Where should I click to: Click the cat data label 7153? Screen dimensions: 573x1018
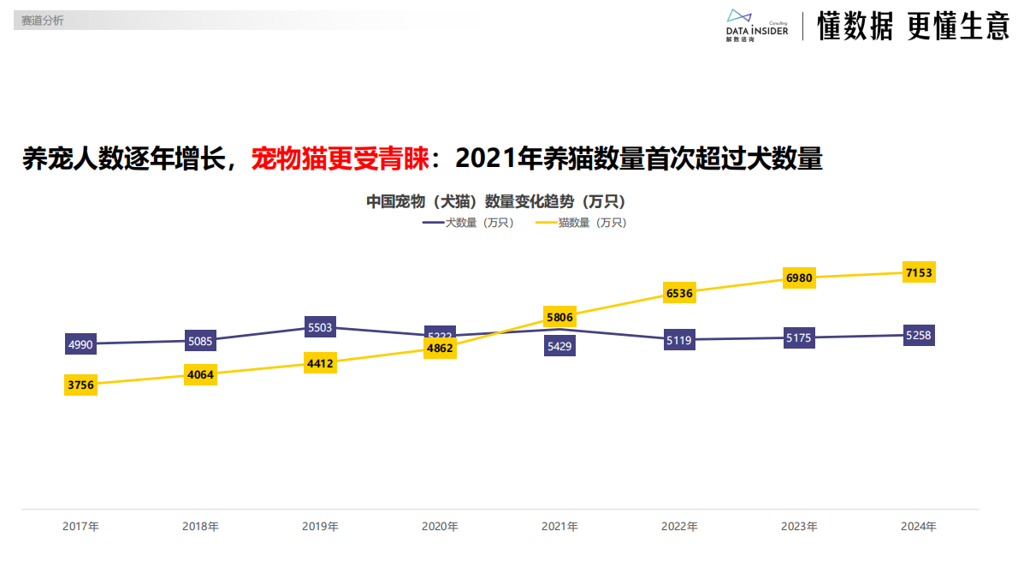(x=919, y=272)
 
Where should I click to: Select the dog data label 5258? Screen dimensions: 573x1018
(x=919, y=335)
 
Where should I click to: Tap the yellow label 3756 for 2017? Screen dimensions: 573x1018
(x=80, y=385)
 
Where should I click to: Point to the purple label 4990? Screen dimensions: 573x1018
(x=80, y=344)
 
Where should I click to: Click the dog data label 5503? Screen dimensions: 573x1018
(x=320, y=327)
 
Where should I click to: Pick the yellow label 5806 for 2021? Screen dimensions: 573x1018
(x=559, y=316)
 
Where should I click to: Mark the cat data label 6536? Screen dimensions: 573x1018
(x=679, y=293)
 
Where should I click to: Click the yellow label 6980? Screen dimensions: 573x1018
(x=799, y=278)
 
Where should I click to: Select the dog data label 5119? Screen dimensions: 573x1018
(x=679, y=340)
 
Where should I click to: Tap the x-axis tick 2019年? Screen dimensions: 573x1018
(x=320, y=526)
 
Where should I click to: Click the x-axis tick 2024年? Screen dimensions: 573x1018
(x=919, y=526)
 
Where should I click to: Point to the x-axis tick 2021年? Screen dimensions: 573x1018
(x=559, y=526)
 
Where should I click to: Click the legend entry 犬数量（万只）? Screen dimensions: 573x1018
(x=469, y=223)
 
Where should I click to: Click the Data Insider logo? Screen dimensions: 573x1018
(x=756, y=26)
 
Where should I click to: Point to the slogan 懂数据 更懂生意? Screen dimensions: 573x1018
(x=913, y=27)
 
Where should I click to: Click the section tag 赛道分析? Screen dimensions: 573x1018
(x=43, y=21)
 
